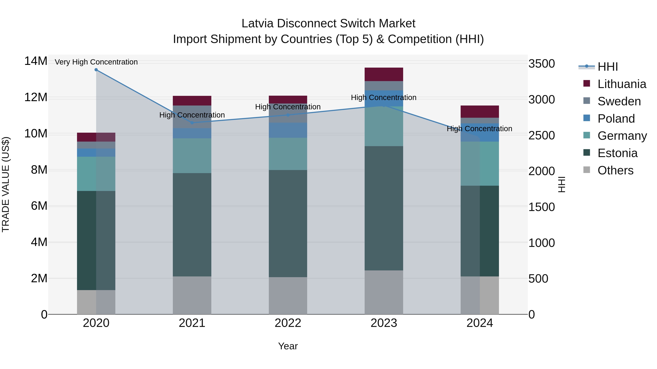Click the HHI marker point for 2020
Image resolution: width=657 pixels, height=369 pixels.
click(x=96, y=70)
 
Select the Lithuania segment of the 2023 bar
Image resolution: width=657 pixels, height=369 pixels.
click(x=384, y=74)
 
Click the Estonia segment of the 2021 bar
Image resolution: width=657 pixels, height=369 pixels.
click(x=192, y=225)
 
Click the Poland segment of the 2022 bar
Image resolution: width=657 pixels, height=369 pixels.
click(x=288, y=130)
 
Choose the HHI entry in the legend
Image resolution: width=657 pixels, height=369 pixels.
click(x=608, y=67)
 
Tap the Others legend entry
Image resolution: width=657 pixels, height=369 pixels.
click(x=615, y=170)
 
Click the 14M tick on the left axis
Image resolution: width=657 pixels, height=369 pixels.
click(x=36, y=61)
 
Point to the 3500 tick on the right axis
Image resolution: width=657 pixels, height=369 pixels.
click(x=541, y=64)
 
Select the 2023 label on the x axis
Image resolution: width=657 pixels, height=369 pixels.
click(x=384, y=323)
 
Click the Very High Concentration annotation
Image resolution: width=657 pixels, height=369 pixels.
click(x=96, y=62)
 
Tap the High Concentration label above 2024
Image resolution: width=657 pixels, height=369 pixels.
click(x=479, y=129)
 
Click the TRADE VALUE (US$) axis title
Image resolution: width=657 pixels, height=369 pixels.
click(x=6, y=184)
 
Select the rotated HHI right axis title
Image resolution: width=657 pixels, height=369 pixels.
click(x=562, y=184)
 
